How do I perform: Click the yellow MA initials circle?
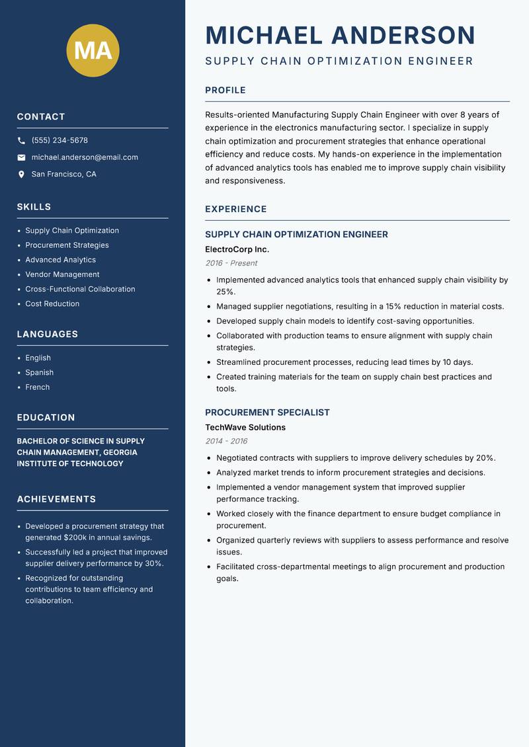(x=93, y=50)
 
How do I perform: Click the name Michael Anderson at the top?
(x=340, y=35)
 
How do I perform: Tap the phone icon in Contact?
(x=21, y=141)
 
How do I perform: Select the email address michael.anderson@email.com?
(x=85, y=157)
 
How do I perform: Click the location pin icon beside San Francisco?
(x=21, y=175)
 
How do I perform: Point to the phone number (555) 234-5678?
(x=60, y=141)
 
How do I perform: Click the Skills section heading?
(x=34, y=207)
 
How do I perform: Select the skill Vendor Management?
(x=62, y=274)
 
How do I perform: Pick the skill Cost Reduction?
(x=52, y=303)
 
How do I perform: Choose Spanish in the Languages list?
(x=39, y=372)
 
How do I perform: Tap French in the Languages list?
(x=37, y=387)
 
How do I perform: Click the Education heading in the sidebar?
(x=46, y=418)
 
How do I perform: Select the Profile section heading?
(x=225, y=91)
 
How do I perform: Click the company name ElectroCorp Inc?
(x=237, y=249)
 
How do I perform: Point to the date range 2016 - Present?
(x=231, y=263)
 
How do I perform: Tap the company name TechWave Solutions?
(x=245, y=427)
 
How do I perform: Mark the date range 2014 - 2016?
(x=226, y=441)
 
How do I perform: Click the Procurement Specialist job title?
(x=267, y=413)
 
